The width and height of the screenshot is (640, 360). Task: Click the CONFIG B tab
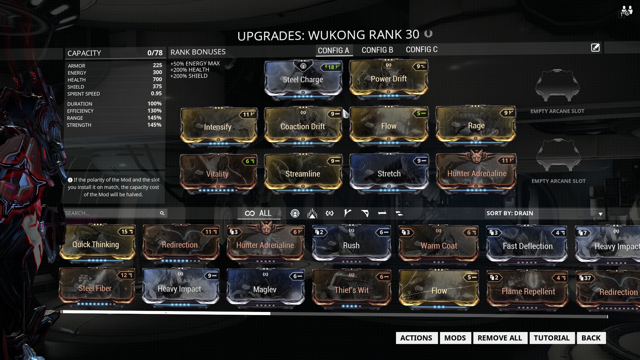[377, 50]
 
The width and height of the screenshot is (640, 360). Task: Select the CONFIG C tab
[421, 50]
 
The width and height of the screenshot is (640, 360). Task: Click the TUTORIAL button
[551, 338]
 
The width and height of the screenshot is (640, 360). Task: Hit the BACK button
[591, 338]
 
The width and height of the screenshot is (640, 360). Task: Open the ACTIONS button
[416, 338]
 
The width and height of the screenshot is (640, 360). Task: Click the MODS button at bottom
[455, 338]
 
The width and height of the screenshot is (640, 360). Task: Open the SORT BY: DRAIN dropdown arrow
[600, 214]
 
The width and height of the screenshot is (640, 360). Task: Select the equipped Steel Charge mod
[303, 80]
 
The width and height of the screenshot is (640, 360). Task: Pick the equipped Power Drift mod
[388, 79]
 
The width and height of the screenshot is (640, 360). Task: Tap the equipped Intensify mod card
[218, 127]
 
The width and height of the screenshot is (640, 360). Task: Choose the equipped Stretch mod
[389, 173]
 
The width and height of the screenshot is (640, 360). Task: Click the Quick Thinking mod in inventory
[96, 244]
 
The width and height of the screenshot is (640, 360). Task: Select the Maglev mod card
[265, 289]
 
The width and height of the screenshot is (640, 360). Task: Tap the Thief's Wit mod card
[351, 290]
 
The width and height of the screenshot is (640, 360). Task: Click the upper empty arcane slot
[557, 86]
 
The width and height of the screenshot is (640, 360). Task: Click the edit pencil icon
[595, 48]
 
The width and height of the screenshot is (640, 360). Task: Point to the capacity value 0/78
[155, 53]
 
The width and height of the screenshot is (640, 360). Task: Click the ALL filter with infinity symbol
[259, 213]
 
